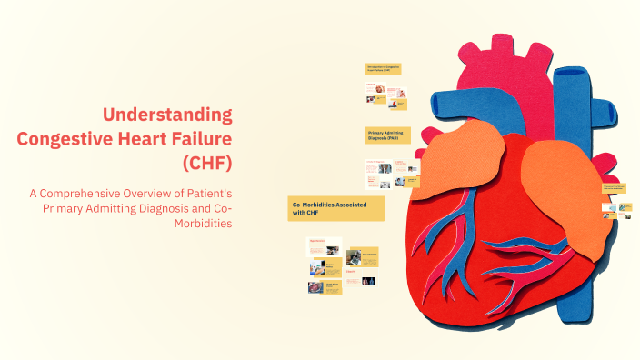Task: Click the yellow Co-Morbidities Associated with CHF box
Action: coord(335,208)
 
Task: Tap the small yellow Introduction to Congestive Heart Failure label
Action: coord(384,68)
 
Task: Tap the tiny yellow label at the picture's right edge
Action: coord(614,188)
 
